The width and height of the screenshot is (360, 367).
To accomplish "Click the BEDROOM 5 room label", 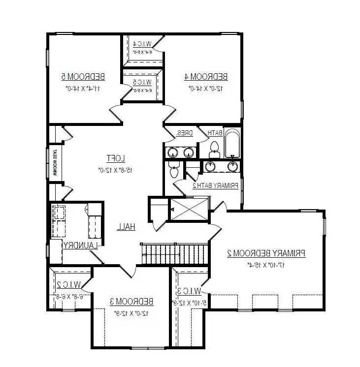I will pyautogui.click(x=83, y=76).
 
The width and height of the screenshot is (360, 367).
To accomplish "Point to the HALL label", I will pyautogui.click(x=127, y=227).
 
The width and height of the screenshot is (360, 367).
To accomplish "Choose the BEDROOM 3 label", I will pyautogui.click(x=131, y=301).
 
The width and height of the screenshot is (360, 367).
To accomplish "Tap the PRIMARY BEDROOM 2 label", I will pyautogui.click(x=266, y=253).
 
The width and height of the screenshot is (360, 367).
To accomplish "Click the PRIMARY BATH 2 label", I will pyautogui.click(x=215, y=185).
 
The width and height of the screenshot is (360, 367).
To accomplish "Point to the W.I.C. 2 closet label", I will pyautogui.click(x=66, y=284).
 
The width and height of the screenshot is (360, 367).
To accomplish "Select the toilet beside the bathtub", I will pyautogui.click(x=214, y=147).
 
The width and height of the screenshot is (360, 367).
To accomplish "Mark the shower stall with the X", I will pyautogui.click(x=189, y=209).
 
